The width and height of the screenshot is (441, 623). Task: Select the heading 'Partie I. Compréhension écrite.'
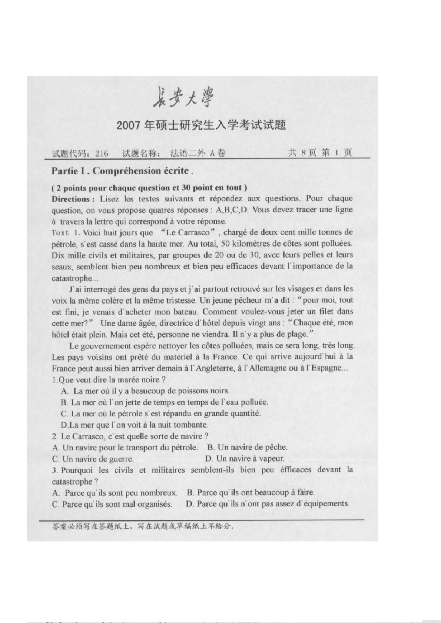coord(122,171)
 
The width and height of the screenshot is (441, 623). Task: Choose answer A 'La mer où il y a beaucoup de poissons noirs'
coord(145,391)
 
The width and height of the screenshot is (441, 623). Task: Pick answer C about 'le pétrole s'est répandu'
coord(160,413)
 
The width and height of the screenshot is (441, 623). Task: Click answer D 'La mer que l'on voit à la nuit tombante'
coord(134,425)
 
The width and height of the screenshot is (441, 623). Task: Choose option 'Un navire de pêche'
coord(247,448)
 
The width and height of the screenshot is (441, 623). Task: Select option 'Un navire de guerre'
coord(93,459)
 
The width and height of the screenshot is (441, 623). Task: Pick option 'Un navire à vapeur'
coord(245,459)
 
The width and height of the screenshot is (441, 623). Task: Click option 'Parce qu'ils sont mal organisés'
coord(112,504)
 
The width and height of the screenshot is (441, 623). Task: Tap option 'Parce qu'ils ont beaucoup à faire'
coord(251,493)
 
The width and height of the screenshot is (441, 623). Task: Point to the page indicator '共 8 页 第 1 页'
coord(319,153)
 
